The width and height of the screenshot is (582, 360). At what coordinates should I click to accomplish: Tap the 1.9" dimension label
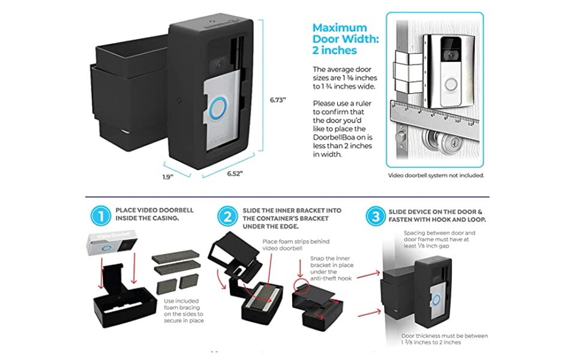167,176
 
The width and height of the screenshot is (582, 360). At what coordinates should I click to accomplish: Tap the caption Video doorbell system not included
436,175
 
